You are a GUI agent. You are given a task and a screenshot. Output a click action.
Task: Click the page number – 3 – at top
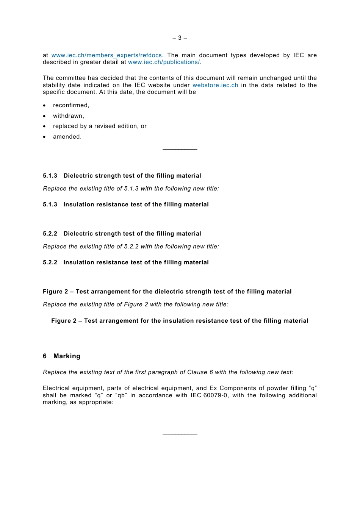click(180, 38)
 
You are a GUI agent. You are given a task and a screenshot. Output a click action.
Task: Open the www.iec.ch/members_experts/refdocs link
click(106, 55)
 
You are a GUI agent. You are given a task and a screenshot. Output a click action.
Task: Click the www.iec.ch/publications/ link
click(164, 62)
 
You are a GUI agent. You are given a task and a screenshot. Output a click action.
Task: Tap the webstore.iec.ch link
click(215, 85)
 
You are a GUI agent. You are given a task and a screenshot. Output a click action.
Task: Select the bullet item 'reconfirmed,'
click(71, 105)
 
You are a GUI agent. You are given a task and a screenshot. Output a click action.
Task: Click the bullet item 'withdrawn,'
click(68, 116)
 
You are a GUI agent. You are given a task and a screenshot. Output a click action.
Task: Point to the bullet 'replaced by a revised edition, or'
click(100, 126)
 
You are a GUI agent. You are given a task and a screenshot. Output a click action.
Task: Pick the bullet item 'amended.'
click(67, 137)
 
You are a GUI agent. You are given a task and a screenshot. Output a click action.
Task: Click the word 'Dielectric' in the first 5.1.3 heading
click(79, 176)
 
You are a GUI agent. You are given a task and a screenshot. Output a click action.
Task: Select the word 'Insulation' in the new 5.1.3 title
click(78, 205)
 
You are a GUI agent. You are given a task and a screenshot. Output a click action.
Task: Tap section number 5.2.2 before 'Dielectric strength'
click(50, 234)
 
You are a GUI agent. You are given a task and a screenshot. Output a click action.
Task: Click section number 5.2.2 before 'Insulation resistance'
click(50, 262)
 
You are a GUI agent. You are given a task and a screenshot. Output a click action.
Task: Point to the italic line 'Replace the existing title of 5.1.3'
click(131, 189)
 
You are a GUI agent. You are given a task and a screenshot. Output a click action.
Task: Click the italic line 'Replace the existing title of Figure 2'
click(136, 304)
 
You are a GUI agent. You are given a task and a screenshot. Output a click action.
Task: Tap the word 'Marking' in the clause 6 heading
click(67, 356)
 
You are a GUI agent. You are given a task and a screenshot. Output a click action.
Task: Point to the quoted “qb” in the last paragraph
click(121, 395)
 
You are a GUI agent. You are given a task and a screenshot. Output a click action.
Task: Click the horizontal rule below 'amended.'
click(180, 150)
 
